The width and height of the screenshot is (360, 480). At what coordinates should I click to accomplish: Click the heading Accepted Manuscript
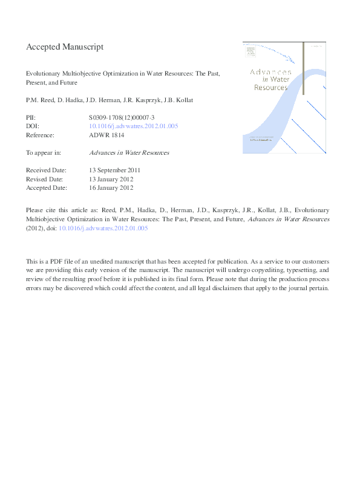65,46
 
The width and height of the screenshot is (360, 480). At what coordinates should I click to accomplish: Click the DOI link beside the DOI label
133,126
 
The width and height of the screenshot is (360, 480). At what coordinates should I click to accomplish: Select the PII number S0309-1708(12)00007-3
126,117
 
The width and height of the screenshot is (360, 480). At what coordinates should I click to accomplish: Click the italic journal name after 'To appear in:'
128,153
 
